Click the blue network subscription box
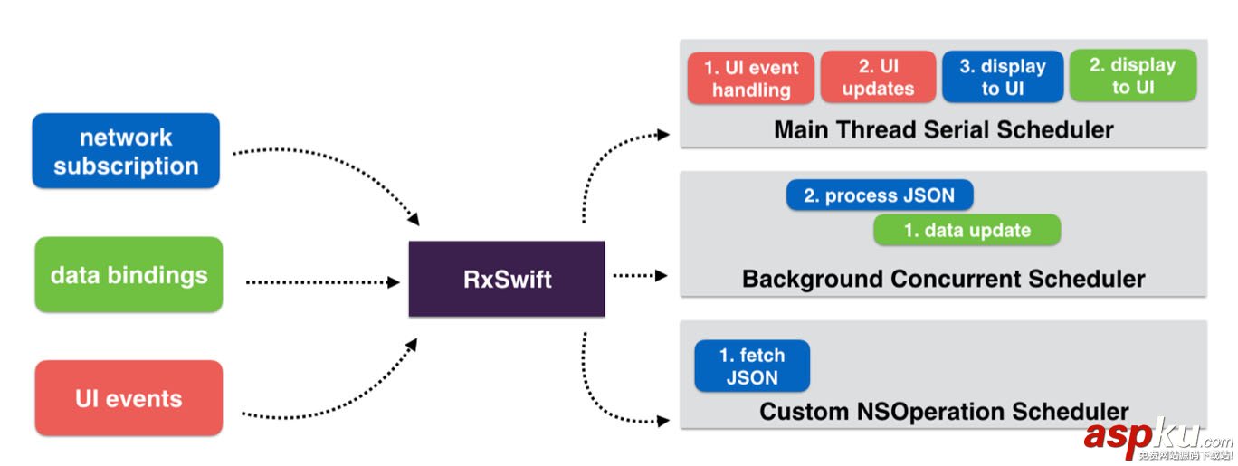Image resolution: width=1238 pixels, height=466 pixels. pyautogui.click(x=126, y=151)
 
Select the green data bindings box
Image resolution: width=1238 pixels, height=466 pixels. pyautogui.click(x=129, y=275)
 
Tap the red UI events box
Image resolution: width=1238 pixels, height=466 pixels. pyautogui.click(x=129, y=398)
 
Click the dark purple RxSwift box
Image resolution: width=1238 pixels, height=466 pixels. pyautogui.click(x=507, y=279)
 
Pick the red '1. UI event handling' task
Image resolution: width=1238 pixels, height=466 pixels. pyautogui.click(x=750, y=78)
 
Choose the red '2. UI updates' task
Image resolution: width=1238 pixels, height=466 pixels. pyautogui.click(x=878, y=77)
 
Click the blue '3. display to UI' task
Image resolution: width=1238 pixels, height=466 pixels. pyautogui.click(x=1002, y=77)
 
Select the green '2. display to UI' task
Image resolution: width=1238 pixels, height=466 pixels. pyautogui.click(x=1132, y=75)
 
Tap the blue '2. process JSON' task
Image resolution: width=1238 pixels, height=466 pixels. pyautogui.click(x=879, y=195)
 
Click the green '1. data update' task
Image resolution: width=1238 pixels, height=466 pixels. pyautogui.click(x=967, y=230)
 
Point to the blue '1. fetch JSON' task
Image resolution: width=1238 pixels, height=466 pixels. pyautogui.click(x=752, y=366)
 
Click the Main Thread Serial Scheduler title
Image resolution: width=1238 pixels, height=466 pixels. pyautogui.click(x=943, y=129)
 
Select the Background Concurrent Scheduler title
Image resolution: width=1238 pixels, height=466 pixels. pyautogui.click(x=943, y=278)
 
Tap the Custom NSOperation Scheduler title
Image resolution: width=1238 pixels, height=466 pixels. pyautogui.click(x=943, y=412)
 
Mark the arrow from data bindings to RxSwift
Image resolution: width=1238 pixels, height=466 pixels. pyautogui.click(x=321, y=282)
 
